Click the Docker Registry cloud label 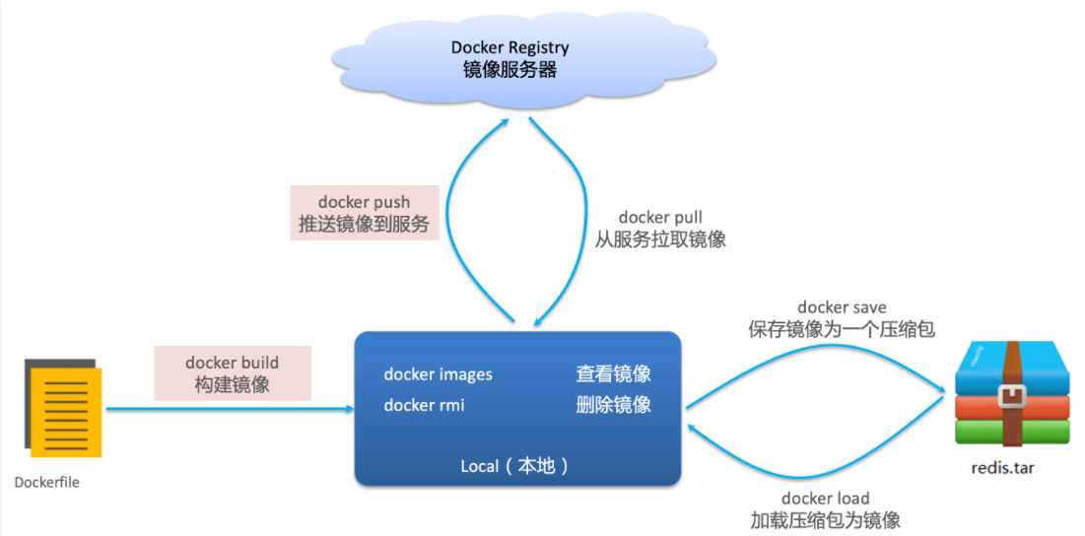(509, 47)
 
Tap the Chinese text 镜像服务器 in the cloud (509, 71)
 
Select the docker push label (364, 202)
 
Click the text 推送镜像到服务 (364, 225)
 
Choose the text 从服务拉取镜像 (661, 239)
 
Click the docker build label (233, 363)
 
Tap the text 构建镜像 (233, 385)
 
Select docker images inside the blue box (438, 374)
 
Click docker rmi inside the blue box (424, 405)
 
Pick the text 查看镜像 (613, 374)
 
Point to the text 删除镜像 (613, 405)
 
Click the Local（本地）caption (516, 466)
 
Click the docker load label (826, 498)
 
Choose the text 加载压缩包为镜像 (826, 520)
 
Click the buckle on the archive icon (1012, 396)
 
